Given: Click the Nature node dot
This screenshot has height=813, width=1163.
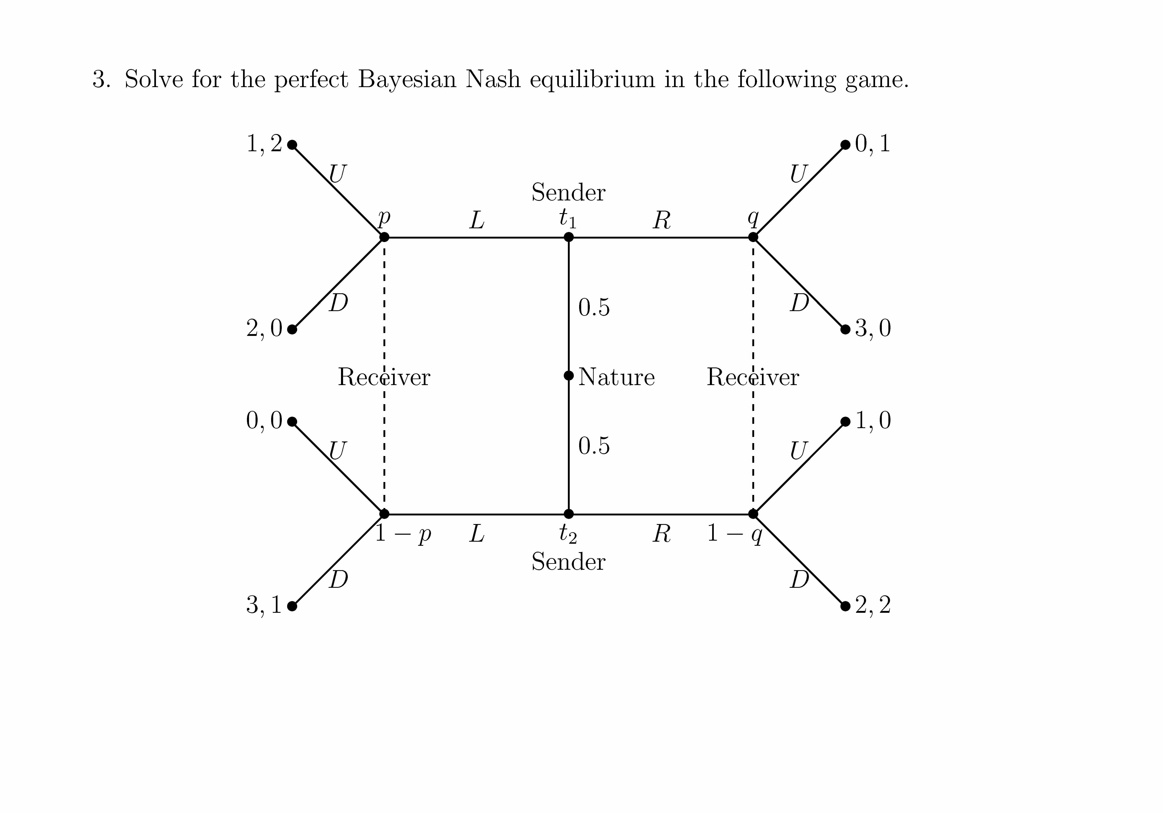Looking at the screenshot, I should [x=569, y=375].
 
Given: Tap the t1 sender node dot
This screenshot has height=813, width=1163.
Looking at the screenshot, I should [x=569, y=237].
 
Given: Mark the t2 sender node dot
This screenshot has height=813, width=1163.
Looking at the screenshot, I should [x=569, y=514].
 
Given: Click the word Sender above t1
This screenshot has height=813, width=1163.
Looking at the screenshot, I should [x=568, y=192].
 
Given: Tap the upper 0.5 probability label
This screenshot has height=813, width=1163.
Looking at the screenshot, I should [x=594, y=307].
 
